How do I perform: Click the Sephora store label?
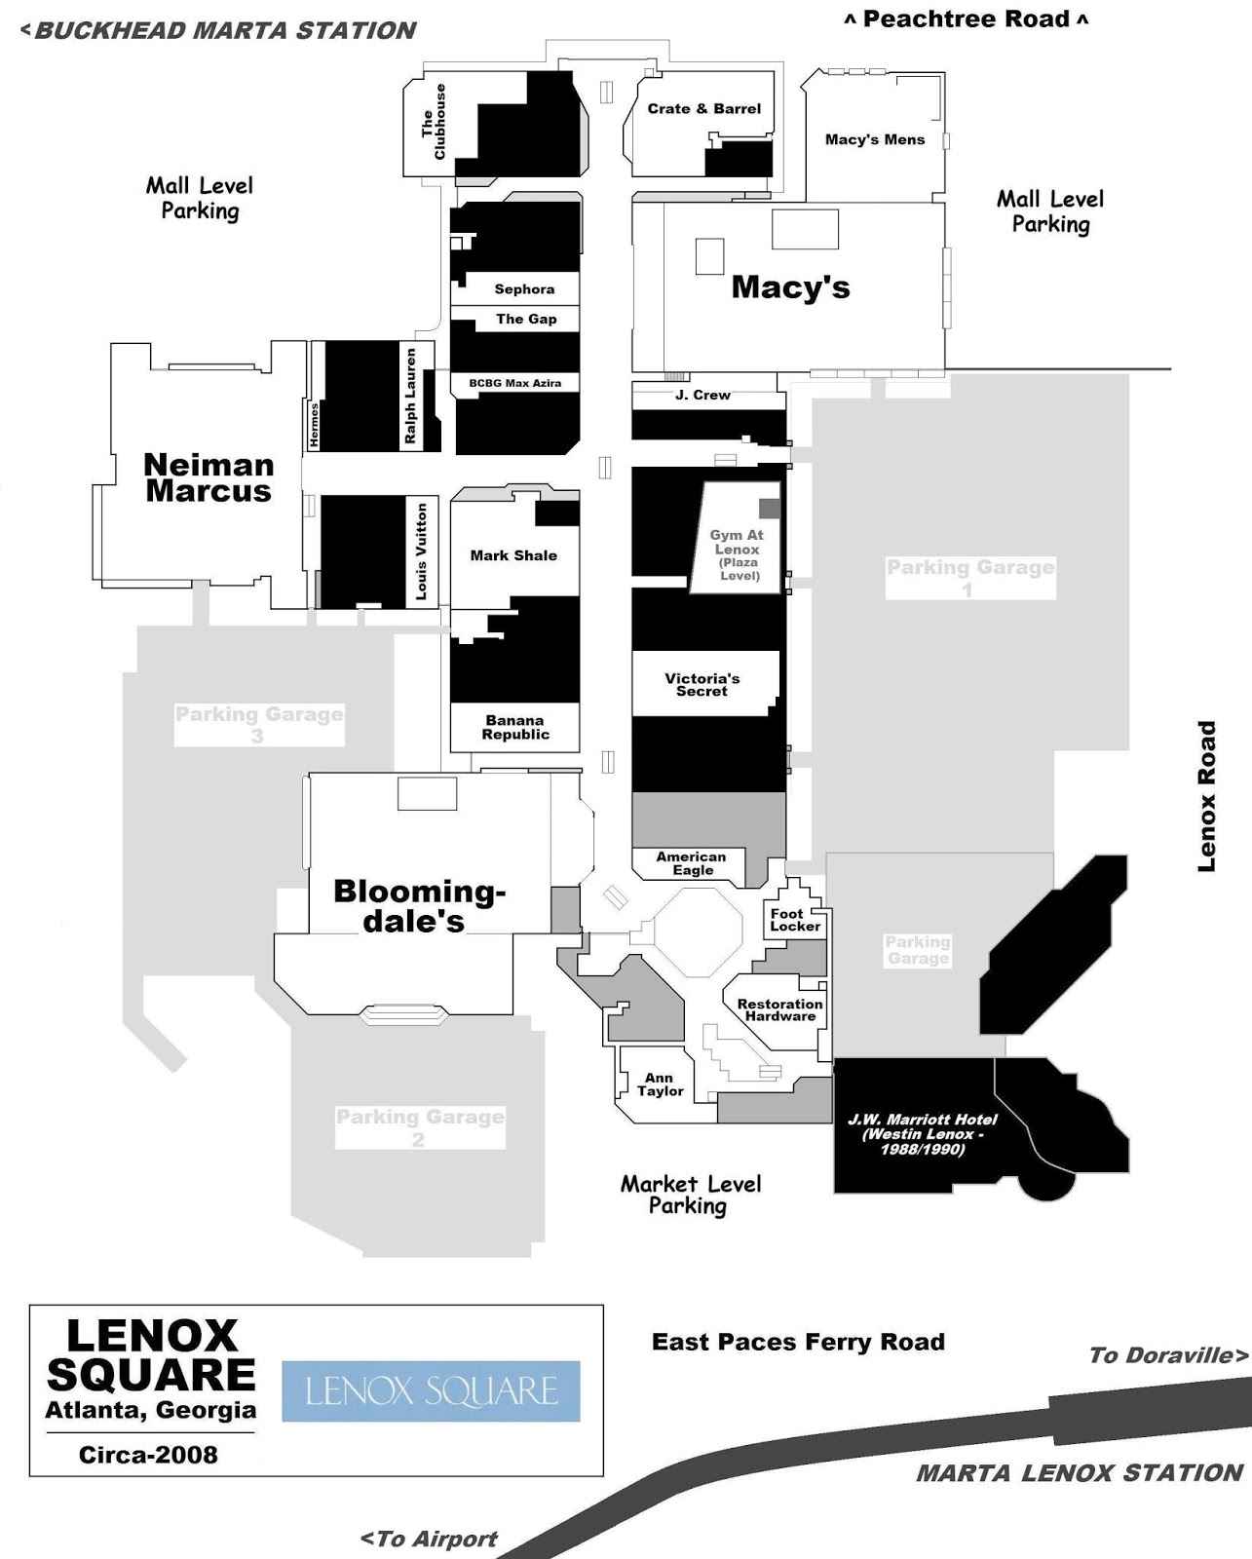[524, 289]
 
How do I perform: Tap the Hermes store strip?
[314, 426]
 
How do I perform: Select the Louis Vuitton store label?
[422, 551]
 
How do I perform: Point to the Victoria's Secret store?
[702, 684]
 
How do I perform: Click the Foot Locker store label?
[795, 920]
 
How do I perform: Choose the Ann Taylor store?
[660, 1084]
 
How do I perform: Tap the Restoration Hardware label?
[779, 1010]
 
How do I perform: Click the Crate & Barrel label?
[703, 109]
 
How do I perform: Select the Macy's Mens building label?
[874, 139]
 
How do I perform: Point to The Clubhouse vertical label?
[433, 123]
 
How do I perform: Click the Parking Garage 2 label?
[420, 1127]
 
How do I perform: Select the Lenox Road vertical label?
[1207, 796]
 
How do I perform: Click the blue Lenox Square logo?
[431, 1391]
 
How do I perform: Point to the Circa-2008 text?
[148, 1455]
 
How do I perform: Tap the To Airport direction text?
[429, 1539]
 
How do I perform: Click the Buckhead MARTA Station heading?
[218, 30]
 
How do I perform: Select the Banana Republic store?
[514, 728]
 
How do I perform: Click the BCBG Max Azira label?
[514, 383]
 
